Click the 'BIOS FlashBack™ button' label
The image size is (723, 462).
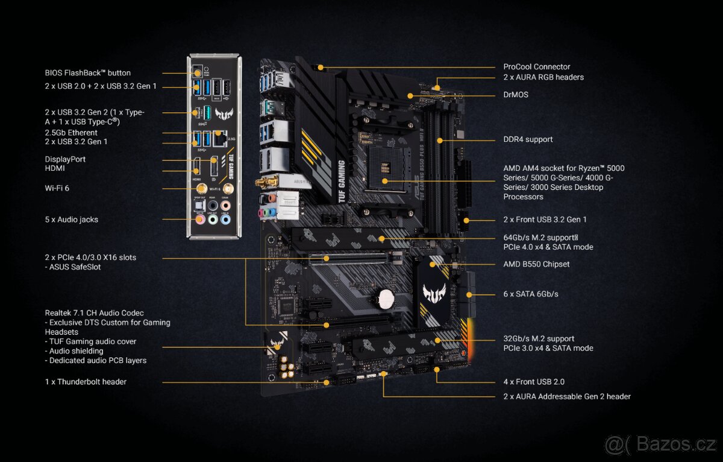(87, 73)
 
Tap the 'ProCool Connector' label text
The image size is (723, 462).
(536, 67)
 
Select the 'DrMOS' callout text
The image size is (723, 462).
(516, 95)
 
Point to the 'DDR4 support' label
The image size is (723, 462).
(528, 139)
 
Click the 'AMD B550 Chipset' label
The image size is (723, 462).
(536, 264)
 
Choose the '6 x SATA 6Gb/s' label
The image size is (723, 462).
(531, 294)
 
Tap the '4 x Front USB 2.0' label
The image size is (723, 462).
(534, 382)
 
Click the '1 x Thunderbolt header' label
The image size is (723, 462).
(86, 382)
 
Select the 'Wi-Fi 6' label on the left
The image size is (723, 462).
(57, 188)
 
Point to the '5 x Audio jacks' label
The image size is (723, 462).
(71, 220)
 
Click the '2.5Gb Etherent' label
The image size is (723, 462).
(71, 133)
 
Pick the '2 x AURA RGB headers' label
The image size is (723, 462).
(543, 77)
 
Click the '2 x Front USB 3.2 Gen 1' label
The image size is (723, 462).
(545, 220)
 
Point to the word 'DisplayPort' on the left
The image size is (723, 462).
(65, 159)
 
